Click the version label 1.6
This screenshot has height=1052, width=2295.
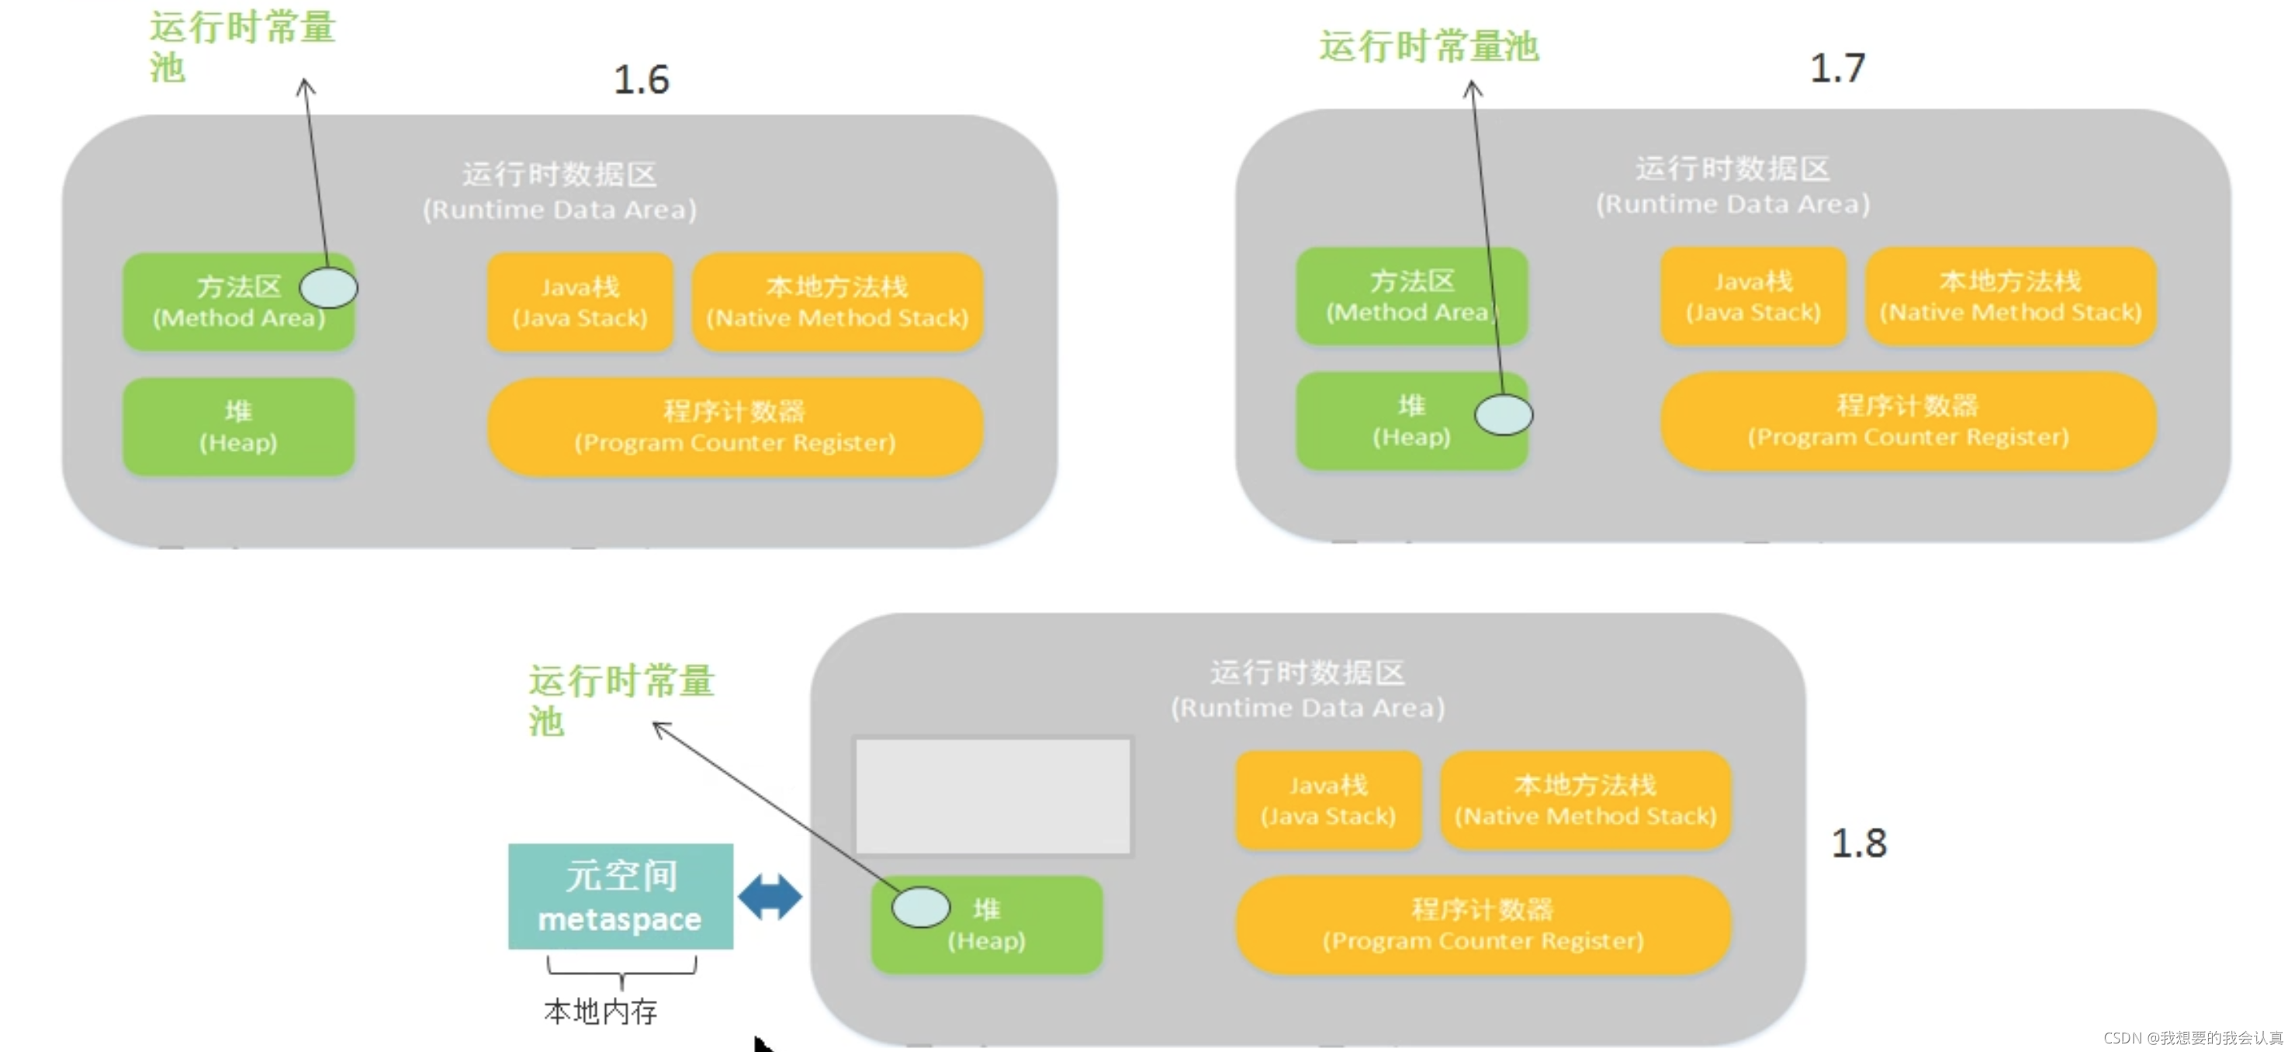642,80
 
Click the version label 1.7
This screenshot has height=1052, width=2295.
1837,68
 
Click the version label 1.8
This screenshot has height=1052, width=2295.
1858,843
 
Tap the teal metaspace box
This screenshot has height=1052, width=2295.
620,896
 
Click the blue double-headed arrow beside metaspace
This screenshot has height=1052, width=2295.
770,896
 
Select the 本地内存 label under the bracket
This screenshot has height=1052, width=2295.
601,1011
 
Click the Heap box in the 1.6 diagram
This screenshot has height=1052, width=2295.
238,427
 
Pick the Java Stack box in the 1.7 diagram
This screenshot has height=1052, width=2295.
1753,296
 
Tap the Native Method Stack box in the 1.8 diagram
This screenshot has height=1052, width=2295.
1585,800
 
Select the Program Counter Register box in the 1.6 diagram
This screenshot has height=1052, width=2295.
734,427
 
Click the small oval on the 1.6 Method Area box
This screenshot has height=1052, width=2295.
329,288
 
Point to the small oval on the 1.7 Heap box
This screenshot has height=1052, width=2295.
1503,415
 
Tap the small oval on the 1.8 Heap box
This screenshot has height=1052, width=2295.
920,908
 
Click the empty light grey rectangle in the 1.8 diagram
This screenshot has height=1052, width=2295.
992,795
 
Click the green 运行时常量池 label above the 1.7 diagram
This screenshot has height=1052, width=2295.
1428,47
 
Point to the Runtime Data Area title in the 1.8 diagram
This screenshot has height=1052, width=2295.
1307,690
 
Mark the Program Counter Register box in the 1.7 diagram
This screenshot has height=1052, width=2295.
1907,421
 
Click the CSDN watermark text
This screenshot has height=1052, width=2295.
2193,1038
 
